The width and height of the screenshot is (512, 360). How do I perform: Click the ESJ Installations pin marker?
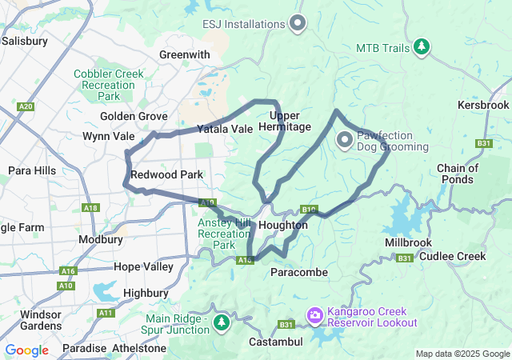(x=298, y=22)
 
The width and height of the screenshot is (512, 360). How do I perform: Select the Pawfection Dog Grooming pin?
(x=345, y=141)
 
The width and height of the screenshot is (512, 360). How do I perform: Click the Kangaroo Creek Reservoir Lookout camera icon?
(x=315, y=316)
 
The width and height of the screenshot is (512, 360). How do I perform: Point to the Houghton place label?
(x=283, y=226)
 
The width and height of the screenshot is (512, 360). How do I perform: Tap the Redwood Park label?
(x=166, y=174)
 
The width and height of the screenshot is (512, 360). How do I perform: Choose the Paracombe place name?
(x=299, y=273)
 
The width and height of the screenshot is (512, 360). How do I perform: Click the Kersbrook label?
(x=483, y=105)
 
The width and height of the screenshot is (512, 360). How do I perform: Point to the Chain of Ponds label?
(x=458, y=174)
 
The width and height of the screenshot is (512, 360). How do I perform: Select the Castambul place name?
(x=274, y=342)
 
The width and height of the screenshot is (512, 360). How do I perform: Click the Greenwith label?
(x=184, y=54)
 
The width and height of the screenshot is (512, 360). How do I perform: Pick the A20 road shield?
(x=26, y=106)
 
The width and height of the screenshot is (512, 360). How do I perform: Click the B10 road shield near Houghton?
(x=310, y=210)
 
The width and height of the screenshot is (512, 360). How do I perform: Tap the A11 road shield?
(x=106, y=314)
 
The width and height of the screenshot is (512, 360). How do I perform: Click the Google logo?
(x=26, y=350)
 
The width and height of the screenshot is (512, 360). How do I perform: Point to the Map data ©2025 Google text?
(x=462, y=354)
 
